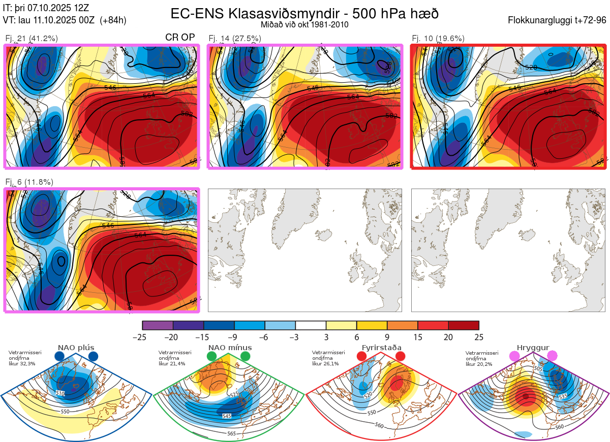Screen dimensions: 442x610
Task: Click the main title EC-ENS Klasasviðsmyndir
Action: (304, 14)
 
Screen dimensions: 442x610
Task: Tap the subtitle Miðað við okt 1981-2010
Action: (304, 25)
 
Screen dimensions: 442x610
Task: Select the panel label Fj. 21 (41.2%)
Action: (32, 38)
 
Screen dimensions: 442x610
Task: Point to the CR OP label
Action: (180, 38)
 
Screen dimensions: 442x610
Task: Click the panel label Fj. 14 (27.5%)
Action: (235, 38)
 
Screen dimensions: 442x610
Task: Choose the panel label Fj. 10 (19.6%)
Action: (438, 38)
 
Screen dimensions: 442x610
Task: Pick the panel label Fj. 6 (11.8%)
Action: (29, 182)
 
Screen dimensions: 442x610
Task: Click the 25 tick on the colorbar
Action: (479, 337)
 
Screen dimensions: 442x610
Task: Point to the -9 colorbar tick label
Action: (234, 337)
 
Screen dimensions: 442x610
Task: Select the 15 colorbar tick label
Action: (418, 337)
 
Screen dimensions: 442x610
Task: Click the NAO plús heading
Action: (76, 348)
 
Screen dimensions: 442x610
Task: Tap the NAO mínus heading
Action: (230, 348)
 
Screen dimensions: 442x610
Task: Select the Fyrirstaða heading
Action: (381, 348)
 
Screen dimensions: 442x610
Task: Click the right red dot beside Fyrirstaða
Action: (400, 357)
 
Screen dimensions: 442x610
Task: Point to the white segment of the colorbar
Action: (311, 325)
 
